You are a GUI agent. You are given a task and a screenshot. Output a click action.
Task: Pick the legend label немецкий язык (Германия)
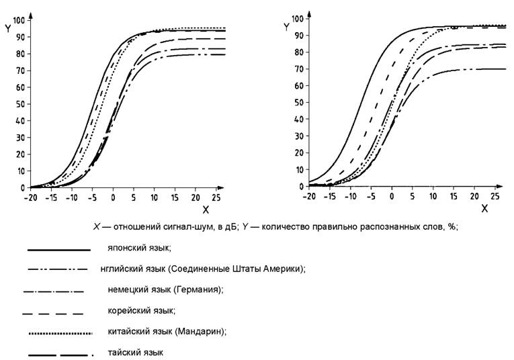pyautogui.click(x=165, y=289)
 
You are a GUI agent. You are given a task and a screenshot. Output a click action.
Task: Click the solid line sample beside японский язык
pyautogui.click(x=58, y=250)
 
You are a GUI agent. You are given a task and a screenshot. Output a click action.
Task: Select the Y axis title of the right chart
pyautogui.click(x=286, y=27)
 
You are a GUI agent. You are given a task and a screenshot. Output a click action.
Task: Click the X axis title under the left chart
pyautogui.click(x=205, y=209)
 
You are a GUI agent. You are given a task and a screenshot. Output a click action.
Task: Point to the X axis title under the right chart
pyautogui.click(x=484, y=208)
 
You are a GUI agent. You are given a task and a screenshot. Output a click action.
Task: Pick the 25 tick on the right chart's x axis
pyautogui.click(x=493, y=195)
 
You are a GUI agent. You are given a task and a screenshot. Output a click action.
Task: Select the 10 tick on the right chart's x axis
pyautogui.click(x=432, y=195)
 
